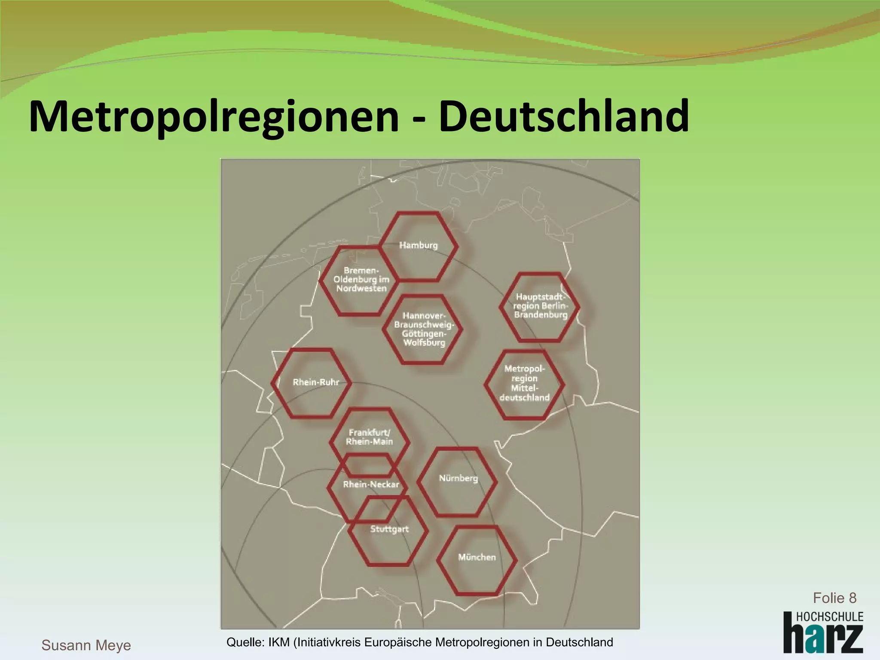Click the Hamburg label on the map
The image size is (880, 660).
point(418,245)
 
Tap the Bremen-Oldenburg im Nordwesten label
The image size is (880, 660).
point(361,280)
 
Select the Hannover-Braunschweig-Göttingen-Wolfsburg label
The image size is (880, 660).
point(424,329)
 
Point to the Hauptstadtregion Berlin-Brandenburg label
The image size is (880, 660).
point(541,306)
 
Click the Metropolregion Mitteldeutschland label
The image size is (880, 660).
point(524,383)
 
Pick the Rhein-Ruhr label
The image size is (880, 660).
point(316,382)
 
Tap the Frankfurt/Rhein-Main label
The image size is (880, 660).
point(370,437)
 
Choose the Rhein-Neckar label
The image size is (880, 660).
point(371,485)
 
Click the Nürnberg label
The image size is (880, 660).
point(458,478)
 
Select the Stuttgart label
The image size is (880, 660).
point(389,529)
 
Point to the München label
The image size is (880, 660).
point(477,557)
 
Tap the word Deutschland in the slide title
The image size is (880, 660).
point(564,116)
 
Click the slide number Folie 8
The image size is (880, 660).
point(834,598)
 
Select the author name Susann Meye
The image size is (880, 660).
point(86,645)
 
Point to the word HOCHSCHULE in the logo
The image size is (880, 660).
point(829,617)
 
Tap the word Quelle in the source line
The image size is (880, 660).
point(244,642)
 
